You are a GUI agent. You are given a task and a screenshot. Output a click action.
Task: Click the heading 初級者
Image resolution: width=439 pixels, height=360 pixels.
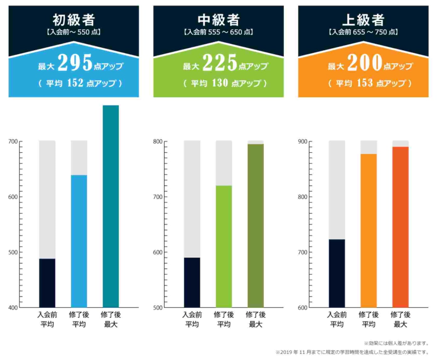coord(74,20)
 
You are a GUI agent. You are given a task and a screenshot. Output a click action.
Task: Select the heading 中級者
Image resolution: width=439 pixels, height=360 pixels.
coord(219,20)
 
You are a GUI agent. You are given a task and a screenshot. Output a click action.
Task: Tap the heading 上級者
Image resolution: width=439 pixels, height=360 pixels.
coord(363,20)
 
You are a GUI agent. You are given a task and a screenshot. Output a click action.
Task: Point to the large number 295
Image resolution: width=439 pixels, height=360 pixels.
coord(75,62)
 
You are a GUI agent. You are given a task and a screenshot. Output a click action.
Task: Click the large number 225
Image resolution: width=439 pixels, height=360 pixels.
coord(220,62)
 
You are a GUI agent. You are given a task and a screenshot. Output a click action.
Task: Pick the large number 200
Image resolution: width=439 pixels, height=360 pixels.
coord(365,62)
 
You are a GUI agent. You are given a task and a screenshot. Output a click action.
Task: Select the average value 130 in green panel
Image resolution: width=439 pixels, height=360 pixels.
coord(220,83)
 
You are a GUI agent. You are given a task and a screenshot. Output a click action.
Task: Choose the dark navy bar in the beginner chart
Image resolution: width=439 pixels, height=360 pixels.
coord(47,283)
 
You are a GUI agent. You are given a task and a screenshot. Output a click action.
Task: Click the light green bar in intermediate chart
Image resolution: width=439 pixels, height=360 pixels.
coord(224,246)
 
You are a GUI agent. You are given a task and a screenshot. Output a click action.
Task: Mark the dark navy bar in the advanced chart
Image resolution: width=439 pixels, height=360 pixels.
coord(337,273)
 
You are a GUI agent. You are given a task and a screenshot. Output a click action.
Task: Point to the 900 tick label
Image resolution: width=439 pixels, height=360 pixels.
coord(303,142)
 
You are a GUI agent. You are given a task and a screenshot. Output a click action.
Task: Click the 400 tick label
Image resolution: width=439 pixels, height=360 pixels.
coord(13,308)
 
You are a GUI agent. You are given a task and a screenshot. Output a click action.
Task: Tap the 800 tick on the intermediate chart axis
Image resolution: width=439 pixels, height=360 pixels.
coord(158,142)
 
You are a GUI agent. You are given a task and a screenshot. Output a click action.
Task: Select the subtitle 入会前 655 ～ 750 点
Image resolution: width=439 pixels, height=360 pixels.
coord(363,32)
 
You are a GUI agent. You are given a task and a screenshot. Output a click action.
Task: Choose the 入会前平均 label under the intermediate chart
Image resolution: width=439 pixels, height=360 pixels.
coord(192,319)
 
